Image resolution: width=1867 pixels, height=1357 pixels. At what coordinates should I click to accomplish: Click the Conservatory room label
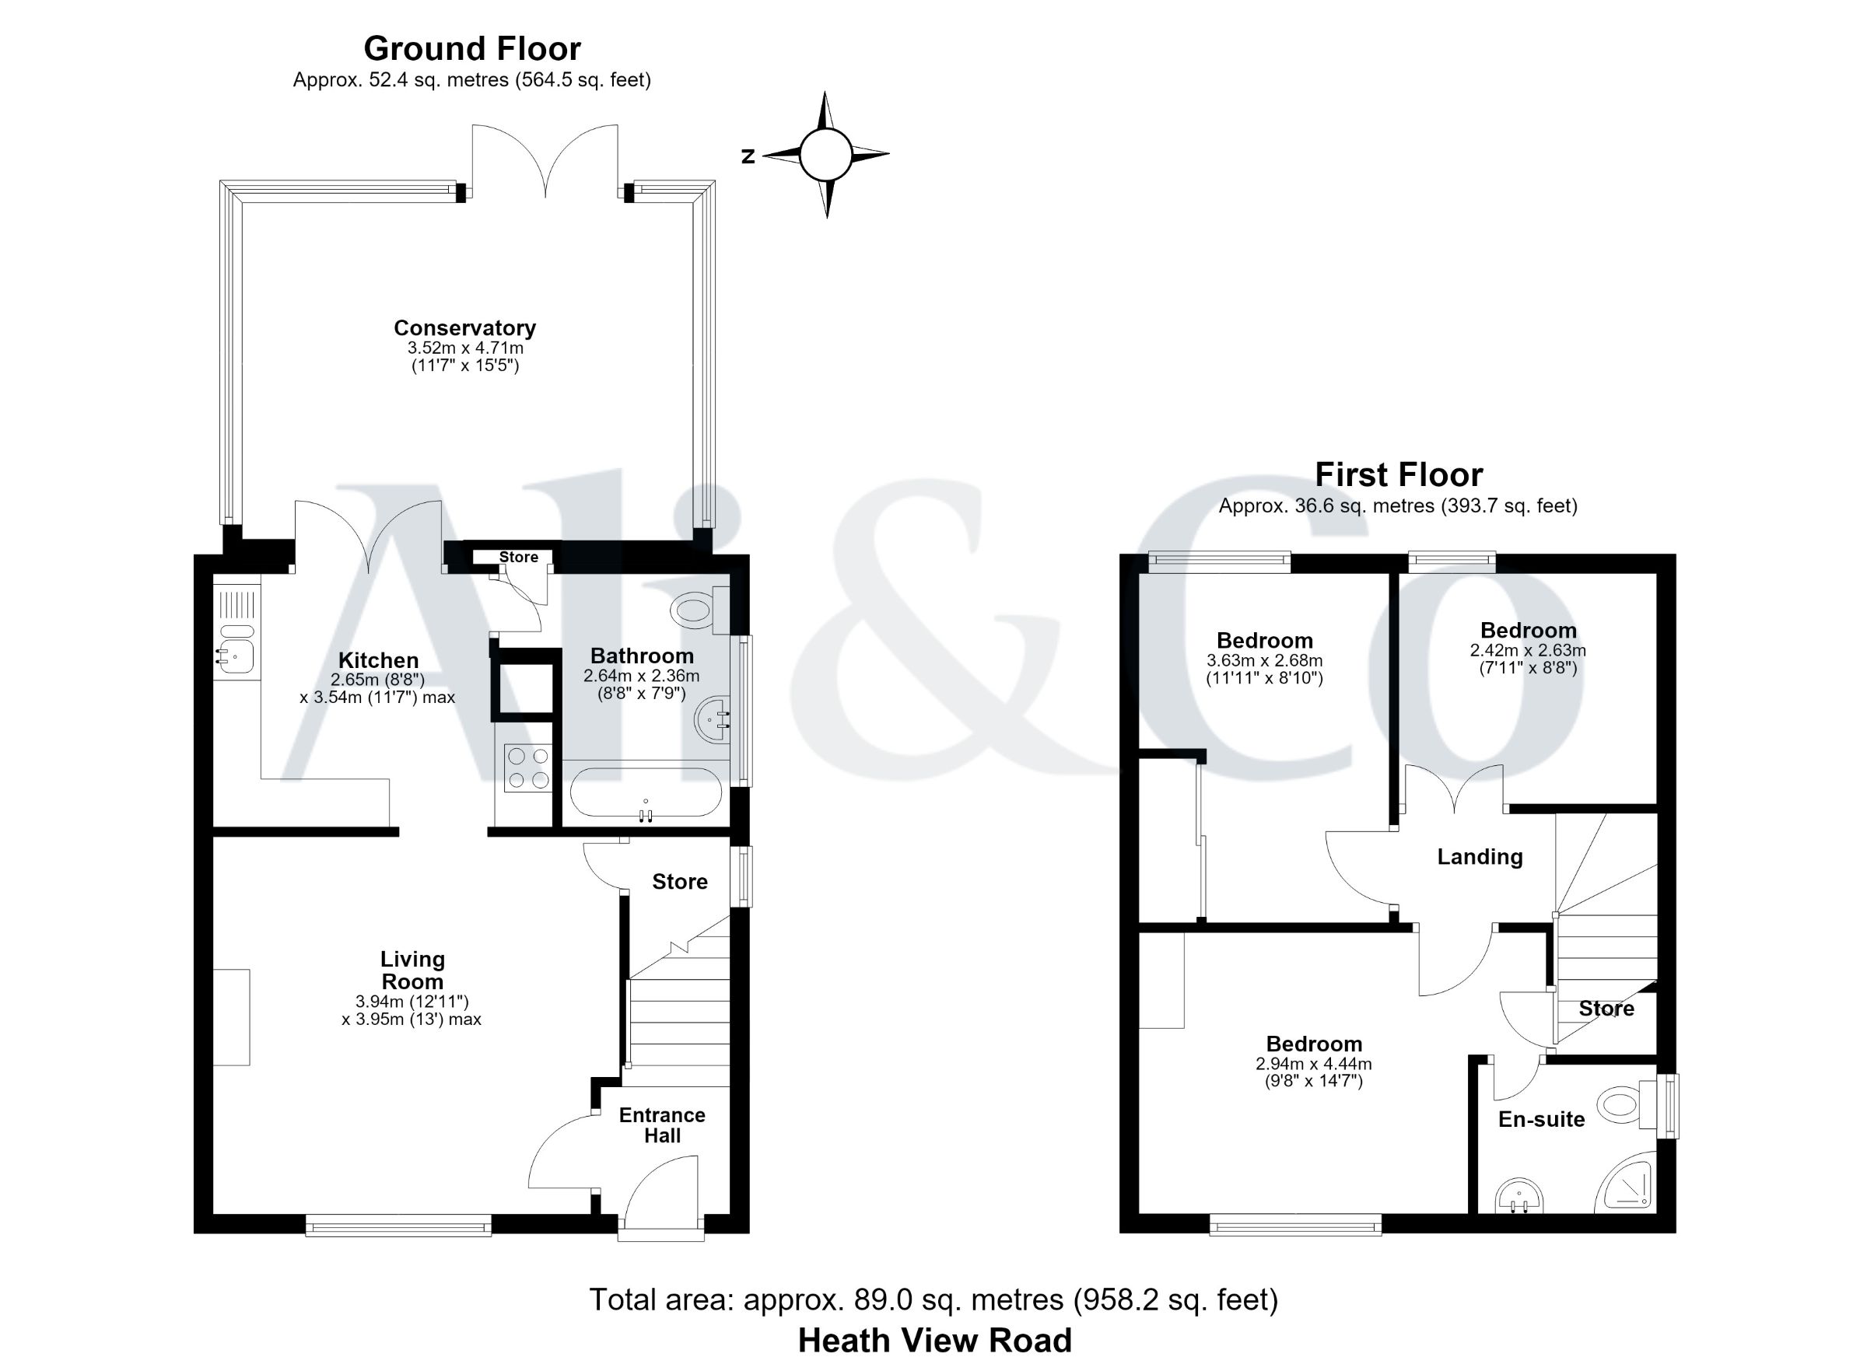465,327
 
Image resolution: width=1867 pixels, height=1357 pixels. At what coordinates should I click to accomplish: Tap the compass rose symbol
825,155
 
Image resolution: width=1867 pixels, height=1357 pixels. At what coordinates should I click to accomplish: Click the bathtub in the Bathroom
646,792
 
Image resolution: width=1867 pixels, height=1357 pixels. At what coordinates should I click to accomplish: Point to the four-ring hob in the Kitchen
528,766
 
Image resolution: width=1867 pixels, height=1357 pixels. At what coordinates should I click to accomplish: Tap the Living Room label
412,971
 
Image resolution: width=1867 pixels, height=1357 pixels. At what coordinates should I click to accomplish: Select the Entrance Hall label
663,1125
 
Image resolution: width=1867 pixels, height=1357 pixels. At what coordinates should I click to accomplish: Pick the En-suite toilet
1627,1103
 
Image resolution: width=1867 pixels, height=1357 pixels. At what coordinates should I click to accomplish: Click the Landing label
1480,857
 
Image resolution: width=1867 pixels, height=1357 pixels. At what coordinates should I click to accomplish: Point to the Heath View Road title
934,1340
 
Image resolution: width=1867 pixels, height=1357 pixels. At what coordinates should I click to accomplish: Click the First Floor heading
1399,474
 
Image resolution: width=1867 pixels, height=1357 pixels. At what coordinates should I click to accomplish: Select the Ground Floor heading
472,48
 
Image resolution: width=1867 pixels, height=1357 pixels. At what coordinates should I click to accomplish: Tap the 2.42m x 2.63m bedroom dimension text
1528,650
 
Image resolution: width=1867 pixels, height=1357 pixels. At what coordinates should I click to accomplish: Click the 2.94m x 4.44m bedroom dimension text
1314,1063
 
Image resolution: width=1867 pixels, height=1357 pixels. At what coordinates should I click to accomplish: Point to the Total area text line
933,1299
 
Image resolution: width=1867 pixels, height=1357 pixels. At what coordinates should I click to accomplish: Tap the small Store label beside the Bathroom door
519,557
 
